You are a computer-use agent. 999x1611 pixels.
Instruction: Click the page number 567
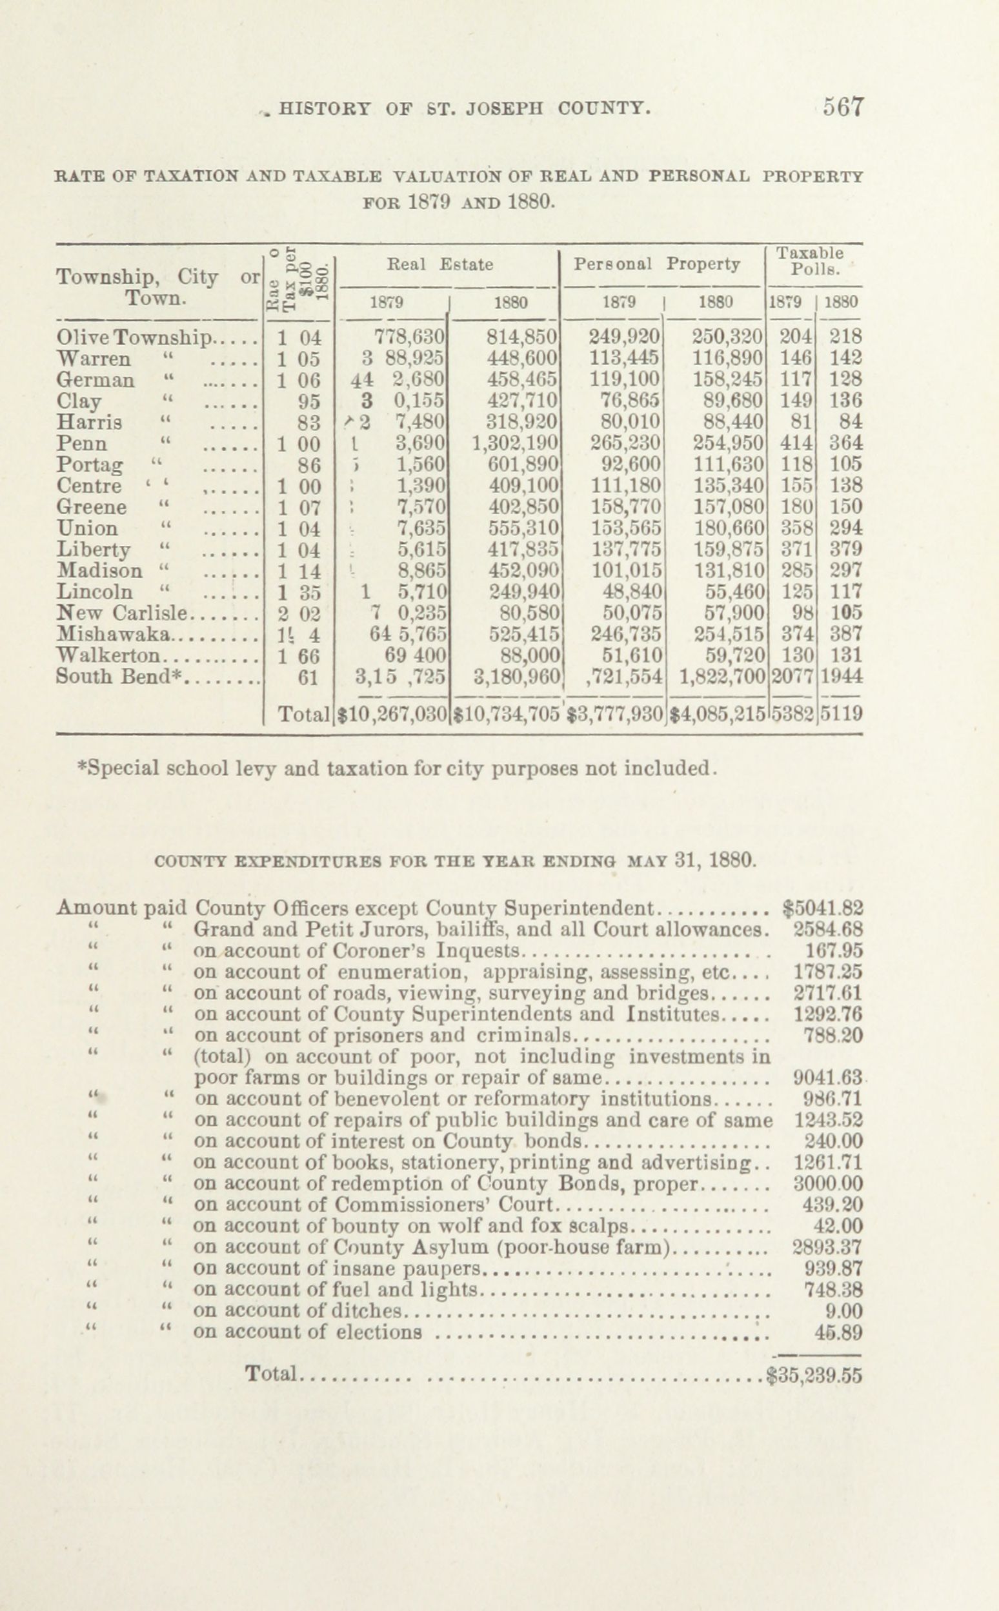(x=843, y=108)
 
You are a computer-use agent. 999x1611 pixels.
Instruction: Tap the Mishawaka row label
(x=114, y=634)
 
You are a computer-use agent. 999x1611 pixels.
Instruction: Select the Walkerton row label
(x=109, y=656)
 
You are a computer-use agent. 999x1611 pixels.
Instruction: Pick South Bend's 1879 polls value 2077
(x=793, y=677)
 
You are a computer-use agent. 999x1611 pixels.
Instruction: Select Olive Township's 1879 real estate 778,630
(x=410, y=337)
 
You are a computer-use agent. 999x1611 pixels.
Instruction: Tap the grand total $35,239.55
(x=814, y=1374)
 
